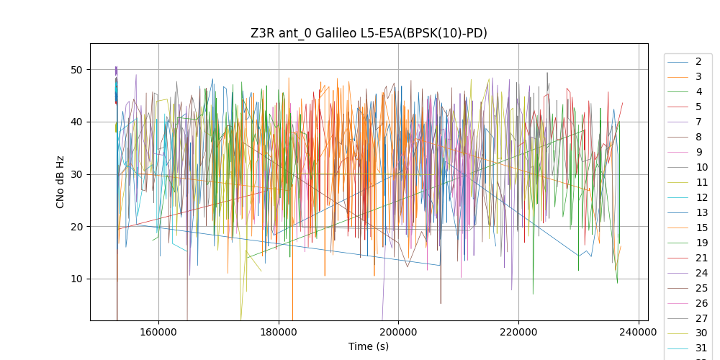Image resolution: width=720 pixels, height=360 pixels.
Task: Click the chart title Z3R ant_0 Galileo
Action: (x=369, y=33)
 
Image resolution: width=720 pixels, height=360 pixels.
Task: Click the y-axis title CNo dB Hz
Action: (x=60, y=181)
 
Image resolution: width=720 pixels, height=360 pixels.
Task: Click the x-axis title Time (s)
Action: (x=369, y=346)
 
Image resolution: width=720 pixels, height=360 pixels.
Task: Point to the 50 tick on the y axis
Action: (x=76, y=70)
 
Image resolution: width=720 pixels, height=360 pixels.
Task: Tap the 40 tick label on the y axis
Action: (x=76, y=122)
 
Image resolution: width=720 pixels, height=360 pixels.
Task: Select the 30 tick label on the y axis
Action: (x=76, y=174)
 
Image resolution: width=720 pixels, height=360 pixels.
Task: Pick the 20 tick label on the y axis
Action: (x=76, y=227)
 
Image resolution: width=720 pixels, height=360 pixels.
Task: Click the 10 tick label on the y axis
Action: (x=76, y=279)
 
